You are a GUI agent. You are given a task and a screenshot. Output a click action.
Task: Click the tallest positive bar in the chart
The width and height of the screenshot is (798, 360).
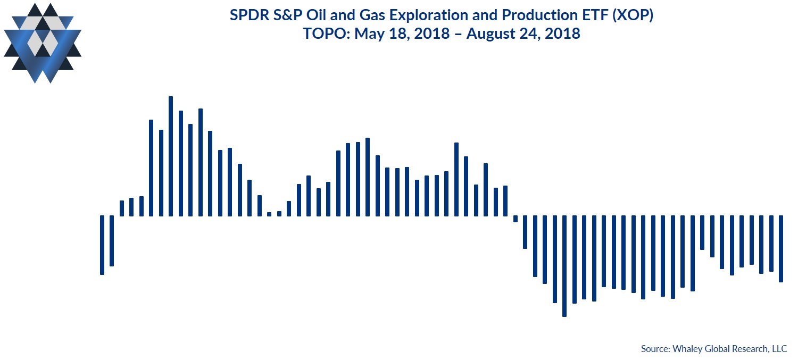[171, 156]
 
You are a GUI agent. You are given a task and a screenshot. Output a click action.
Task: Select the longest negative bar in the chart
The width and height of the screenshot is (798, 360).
[564, 266]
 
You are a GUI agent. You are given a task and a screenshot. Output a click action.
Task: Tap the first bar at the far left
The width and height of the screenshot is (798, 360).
[102, 245]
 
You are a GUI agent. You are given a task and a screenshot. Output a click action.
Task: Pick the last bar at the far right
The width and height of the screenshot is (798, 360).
[781, 249]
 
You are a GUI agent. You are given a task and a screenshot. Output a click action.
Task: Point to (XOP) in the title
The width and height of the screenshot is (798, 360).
[633, 15]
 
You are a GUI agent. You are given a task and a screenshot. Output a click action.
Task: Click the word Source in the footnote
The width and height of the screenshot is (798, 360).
[655, 349]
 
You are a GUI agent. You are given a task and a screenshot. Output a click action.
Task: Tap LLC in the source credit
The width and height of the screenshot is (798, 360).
[779, 349]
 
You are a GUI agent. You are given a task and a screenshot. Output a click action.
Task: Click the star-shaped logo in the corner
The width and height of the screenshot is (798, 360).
[43, 43]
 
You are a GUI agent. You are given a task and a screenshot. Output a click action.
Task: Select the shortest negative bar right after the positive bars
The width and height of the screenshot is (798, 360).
[515, 219]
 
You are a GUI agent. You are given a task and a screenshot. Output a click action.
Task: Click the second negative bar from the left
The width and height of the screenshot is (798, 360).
[112, 241]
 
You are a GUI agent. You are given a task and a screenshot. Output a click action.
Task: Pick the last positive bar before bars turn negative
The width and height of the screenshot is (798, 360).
[505, 201]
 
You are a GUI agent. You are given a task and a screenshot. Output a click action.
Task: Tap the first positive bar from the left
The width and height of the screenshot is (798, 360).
[122, 208]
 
